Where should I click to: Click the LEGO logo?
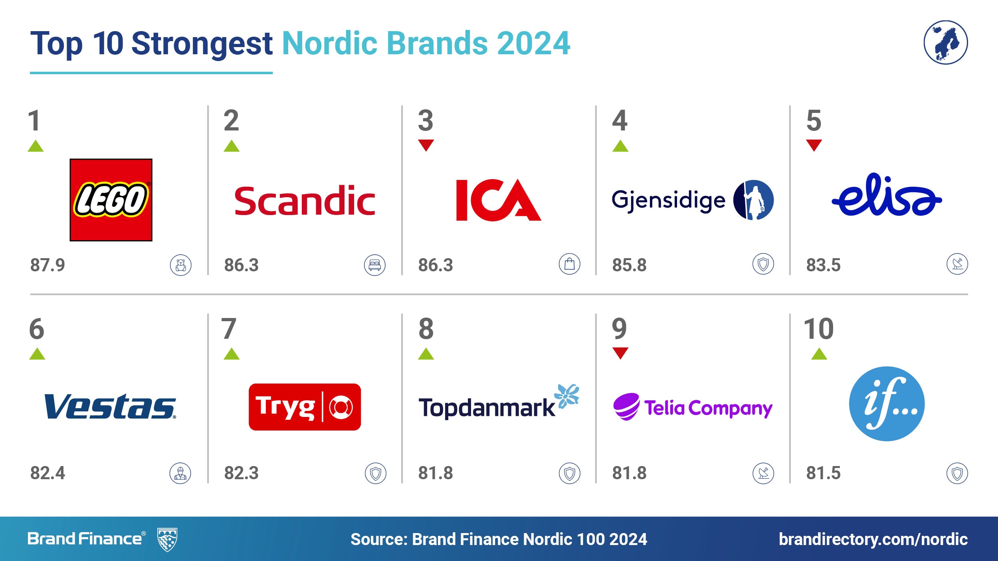coord(111,200)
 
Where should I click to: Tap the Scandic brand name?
coord(305,201)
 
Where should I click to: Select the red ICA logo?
coord(499,200)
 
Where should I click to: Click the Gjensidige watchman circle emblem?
coord(753,200)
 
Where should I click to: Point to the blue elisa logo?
coord(887,194)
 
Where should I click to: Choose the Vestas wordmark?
coord(110,407)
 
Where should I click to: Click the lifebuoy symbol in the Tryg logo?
coord(341,407)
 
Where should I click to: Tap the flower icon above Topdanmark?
coord(567,396)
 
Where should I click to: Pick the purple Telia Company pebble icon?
coord(626,407)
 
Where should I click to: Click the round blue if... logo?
coord(887,404)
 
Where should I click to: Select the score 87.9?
coord(48,265)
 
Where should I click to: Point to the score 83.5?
coord(823,265)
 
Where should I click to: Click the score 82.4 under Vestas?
coord(48,473)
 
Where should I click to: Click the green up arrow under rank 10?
coord(819,354)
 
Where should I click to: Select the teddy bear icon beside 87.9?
coord(181,265)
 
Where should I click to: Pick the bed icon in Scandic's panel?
coord(375,265)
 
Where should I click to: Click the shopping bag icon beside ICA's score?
coord(570,264)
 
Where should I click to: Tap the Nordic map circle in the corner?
coord(946,42)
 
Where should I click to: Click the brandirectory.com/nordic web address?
coord(873,539)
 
